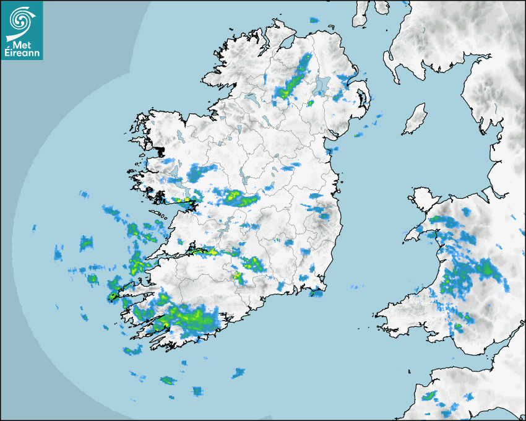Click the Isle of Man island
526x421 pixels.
[415, 119]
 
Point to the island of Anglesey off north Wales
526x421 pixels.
[422, 201]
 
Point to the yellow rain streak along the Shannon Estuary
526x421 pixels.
[204, 251]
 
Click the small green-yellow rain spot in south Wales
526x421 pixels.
[459, 326]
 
